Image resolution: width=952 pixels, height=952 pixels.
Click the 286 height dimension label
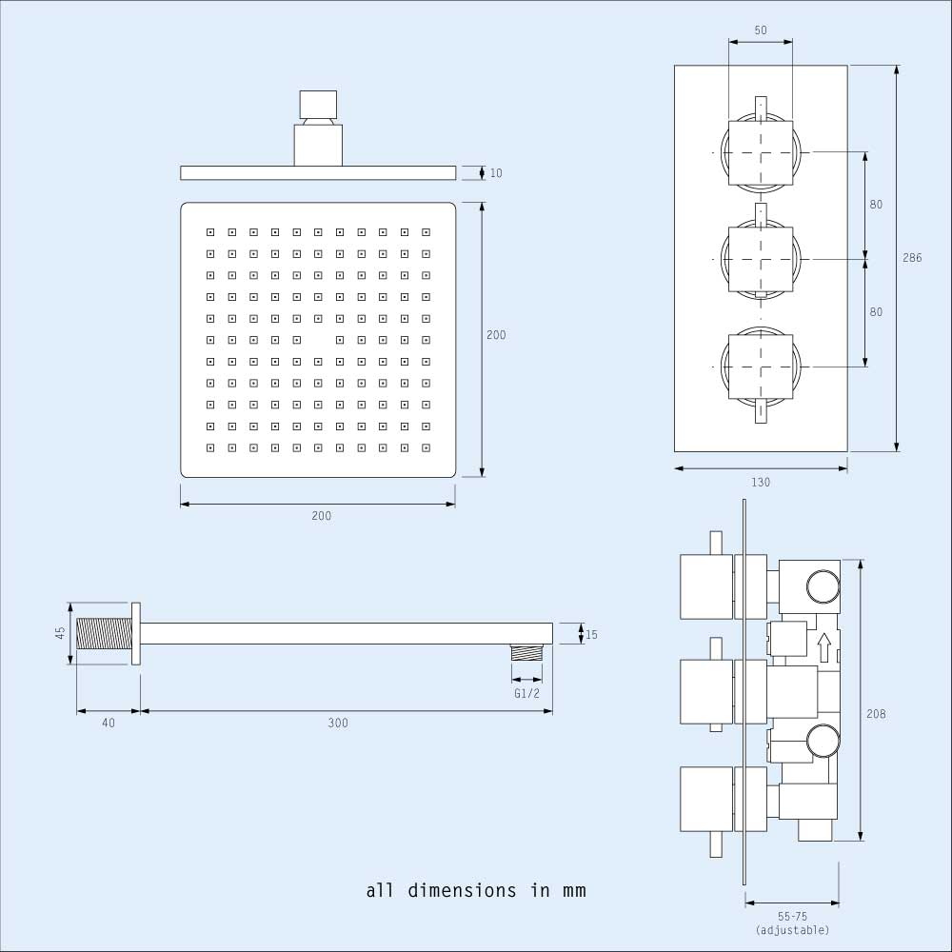tap(912, 258)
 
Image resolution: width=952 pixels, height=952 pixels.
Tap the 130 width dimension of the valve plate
tap(761, 483)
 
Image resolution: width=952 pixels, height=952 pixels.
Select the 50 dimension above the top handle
tap(761, 30)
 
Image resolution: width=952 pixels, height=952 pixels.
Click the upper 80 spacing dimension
tap(876, 205)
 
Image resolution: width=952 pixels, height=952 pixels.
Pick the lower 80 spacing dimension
tap(876, 311)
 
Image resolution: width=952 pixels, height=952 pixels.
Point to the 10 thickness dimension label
tap(496, 173)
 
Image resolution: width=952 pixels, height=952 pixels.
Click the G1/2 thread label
tap(526, 693)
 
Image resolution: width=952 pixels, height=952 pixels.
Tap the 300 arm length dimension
tap(338, 724)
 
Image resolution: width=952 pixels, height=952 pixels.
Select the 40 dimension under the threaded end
tap(109, 724)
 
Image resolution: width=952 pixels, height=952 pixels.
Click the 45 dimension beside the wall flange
tap(60, 633)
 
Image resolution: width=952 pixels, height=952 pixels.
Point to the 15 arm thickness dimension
tap(591, 634)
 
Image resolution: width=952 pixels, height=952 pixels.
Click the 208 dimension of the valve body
tap(876, 714)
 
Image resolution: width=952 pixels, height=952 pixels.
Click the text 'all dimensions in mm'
tap(476, 891)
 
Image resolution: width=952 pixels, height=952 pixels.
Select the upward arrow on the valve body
tap(824, 647)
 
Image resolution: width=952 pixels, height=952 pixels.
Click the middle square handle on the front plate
tap(761, 258)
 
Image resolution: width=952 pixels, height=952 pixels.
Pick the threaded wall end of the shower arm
tap(102, 634)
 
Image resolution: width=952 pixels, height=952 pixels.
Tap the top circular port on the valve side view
tap(823, 586)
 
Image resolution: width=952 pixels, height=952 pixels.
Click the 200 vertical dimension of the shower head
tap(496, 335)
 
